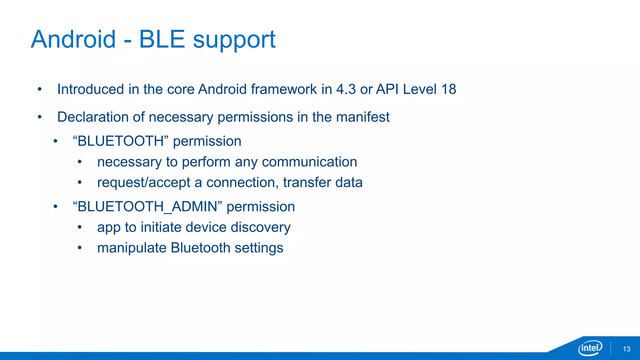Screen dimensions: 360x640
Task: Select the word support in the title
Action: point(234,40)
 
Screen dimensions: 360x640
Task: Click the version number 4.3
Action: point(346,89)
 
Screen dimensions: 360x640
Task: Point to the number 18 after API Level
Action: point(448,89)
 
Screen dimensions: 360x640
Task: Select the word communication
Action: point(309,162)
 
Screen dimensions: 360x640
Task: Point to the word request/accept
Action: point(144,183)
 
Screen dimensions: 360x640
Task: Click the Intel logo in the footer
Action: point(590,348)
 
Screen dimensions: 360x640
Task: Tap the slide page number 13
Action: point(626,349)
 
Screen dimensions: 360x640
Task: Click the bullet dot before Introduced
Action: point(40,89)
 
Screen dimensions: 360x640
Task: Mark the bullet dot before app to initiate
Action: point(80,227)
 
